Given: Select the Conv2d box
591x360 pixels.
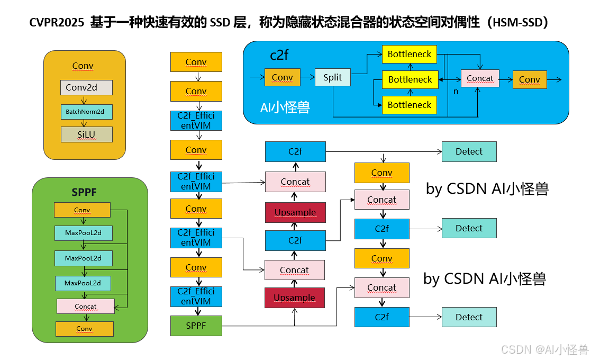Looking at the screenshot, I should tap(86, 87).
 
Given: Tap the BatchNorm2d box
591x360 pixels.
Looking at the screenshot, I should tap(86, 112).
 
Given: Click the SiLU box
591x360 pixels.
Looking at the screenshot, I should tap(86, 134).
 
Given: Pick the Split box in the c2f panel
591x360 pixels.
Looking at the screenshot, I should tap(332, 77).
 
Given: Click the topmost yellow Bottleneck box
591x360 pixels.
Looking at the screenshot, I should tap(410, 54).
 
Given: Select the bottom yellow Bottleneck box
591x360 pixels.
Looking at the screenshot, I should tap(410, 105).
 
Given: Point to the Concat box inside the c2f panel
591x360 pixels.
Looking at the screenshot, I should tap(480, 78).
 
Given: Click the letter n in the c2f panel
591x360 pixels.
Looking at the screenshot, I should tap(456, 91).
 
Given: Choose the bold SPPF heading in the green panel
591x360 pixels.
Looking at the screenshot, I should tap(84, 192).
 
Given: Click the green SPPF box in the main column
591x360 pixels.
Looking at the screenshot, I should tap(196, 325).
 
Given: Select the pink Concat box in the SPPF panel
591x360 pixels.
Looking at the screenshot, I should tap(85, 307).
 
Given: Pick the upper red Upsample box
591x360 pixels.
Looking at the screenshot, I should tap(295, 212).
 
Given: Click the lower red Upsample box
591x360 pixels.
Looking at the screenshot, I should tap(295, 298).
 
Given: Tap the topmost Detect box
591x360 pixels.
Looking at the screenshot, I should tap(469, 151).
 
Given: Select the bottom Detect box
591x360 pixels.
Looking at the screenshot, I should tap(469, 317).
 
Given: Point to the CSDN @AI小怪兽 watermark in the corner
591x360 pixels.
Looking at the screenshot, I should tap(544, 349).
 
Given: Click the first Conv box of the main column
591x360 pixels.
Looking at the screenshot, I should tap(196, 62).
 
